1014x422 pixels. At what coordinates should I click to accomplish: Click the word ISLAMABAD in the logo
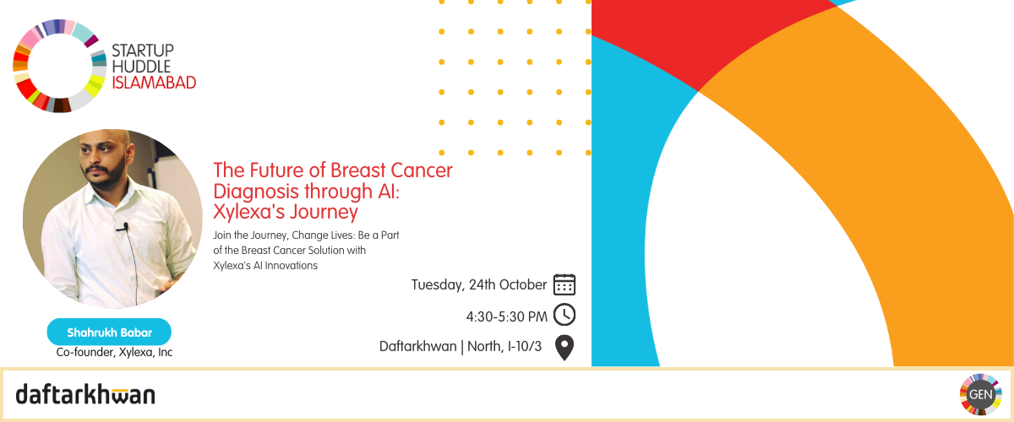[154, 83]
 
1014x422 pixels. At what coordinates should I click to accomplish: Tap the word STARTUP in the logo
[143, 50]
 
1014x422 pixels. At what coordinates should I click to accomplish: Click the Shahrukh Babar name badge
[109, 332]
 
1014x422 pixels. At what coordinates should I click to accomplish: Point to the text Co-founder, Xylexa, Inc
[114, 352]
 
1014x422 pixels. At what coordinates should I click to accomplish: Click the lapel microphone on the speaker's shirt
[125, 227]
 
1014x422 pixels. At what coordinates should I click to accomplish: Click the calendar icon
[564, 284]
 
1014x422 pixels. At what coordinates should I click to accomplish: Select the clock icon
[564, 315]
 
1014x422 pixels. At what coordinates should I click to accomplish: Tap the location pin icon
[564, 348]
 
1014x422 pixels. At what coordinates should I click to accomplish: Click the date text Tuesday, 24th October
[479, 285]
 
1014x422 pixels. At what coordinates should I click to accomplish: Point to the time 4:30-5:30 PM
[506, 316]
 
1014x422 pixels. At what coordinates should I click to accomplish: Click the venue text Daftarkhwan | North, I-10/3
[461, 347]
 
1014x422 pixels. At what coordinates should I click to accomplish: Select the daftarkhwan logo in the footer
[85, 395]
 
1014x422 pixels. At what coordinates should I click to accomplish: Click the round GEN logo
[980, 394]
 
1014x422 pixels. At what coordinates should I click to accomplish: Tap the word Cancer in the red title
[422, 170]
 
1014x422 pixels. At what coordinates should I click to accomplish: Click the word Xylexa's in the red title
[248, 212]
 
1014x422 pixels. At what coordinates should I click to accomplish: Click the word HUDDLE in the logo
[141, 67]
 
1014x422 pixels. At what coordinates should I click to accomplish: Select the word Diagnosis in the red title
[256, 192]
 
